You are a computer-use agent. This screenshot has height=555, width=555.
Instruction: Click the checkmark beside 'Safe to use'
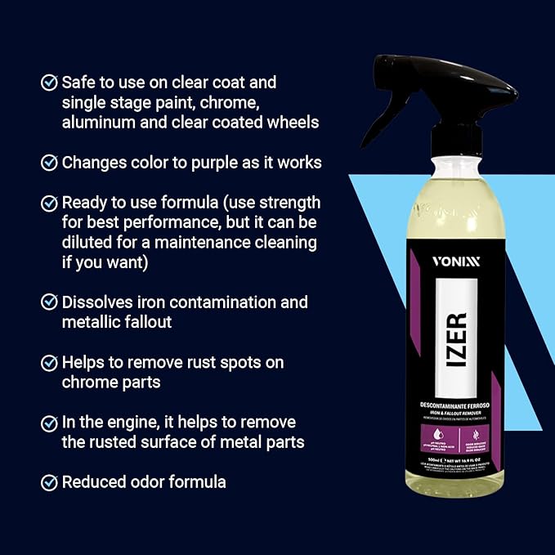click(50, 83)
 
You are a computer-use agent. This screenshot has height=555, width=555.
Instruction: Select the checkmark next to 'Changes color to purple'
click(50, 163)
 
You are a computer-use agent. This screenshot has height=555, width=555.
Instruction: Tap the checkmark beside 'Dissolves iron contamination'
click(50, 302)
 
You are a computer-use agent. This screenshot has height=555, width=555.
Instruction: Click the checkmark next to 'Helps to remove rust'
click(50, 362)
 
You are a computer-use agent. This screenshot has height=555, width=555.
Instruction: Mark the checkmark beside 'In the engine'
click(50, 423)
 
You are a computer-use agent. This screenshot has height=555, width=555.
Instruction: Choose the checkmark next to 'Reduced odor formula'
click(50, 482)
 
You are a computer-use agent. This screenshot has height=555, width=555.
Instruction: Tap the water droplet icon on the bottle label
click(419, 434)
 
